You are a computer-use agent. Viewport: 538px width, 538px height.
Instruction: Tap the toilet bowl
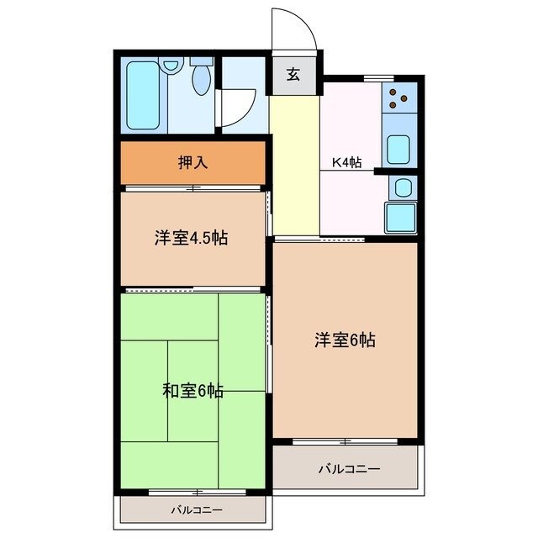tap(202, 78)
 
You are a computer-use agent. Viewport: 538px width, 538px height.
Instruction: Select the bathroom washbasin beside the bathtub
tap(173, 64)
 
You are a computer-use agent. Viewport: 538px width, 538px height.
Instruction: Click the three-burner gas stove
tap(399, 98)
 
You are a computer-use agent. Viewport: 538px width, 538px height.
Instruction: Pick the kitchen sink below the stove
tap(398, 150)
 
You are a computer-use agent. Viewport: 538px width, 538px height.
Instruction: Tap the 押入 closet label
tap(193, 163)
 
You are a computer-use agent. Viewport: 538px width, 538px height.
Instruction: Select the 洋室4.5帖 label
tap(191, 238)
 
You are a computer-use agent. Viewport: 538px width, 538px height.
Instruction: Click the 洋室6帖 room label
tap(345, 340)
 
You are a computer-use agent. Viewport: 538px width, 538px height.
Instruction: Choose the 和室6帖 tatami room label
tap(193, 391)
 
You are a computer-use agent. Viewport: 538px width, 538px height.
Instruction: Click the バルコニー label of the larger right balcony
tap(349, 468)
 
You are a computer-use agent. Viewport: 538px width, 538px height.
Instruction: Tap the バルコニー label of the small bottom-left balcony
tap(197, 509)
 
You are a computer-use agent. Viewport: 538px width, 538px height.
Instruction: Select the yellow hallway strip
tap(294, 164)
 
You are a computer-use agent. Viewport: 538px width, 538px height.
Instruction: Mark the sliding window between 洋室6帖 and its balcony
tap(345, 440)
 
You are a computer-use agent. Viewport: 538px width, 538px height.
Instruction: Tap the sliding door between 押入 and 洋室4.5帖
tap(193, 188)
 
